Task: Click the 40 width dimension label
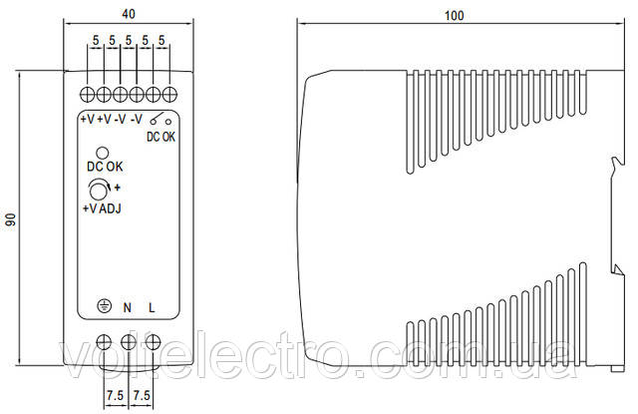(129, 14)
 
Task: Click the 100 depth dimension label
(455, 16)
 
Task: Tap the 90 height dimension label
(11, 219)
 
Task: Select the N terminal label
(128, 307)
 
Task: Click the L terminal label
(152, 307)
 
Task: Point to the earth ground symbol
(105, 306)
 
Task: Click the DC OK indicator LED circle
(102, 153)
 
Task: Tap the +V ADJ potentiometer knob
(98, 191)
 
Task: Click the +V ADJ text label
(102, 208)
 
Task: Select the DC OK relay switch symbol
(160, 119)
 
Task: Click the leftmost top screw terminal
(87, 94)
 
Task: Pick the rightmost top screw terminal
(169, 94)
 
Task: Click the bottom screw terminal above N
(129, 342)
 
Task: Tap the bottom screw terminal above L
(153, 342)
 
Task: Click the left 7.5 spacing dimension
(116, 395)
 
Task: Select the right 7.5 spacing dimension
(142, 395)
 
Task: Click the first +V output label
(87, 120)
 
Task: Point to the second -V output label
(137, 120)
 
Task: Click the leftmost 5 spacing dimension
(96, 40)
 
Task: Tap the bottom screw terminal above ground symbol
(104, 342)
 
